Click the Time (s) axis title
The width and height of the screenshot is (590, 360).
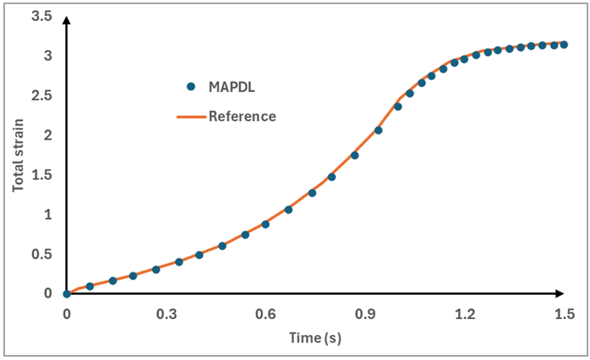[314, 338]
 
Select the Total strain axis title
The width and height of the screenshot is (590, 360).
[18, 155]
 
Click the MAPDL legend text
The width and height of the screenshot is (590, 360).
[232, 86]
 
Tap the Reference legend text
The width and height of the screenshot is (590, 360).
[242, 116]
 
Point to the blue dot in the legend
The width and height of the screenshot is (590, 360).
[191, 86]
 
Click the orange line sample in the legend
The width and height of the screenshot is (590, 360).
[191, 117]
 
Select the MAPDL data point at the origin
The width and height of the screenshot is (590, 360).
[67, 294]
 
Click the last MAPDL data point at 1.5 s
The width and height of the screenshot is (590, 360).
[564, 44]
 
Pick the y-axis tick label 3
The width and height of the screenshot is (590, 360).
[48, 56]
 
